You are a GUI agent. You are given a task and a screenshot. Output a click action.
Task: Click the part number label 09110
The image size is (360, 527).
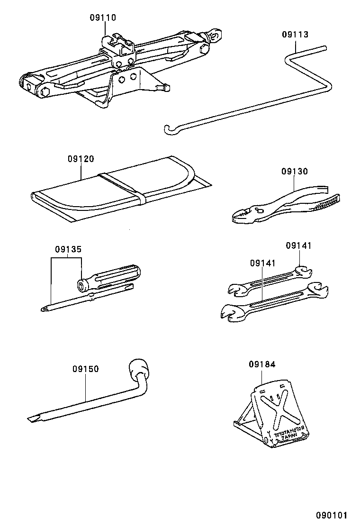(x=103, y=18)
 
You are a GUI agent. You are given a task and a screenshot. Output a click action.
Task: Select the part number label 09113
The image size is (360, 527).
(x=295, y=35)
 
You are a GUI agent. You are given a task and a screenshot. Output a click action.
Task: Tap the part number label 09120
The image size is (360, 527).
(x=80, y=160)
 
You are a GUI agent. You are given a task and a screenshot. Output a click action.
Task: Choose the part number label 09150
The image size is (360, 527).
(x=86, y=369)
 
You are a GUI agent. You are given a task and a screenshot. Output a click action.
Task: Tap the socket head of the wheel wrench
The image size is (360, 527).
(x=139, y=368)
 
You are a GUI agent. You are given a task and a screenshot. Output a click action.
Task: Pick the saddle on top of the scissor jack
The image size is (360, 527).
(x=118, y=42)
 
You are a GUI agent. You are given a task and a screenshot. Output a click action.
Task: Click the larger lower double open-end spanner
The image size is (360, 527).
(x=272, y=306)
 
